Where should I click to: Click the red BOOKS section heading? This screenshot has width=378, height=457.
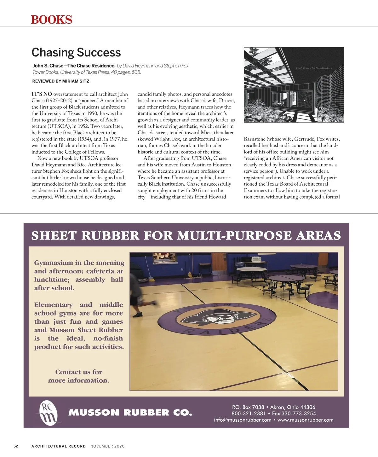[51, 20]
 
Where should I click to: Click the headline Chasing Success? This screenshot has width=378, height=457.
[76, 52]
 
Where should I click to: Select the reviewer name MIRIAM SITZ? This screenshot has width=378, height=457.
[76, 81]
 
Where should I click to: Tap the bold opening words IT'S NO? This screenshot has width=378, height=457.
[42, 94]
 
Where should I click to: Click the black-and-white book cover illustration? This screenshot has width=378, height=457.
[294, 84]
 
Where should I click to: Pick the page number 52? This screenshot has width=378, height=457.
[16, 446]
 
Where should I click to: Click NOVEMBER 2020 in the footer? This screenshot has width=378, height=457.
[107, 446]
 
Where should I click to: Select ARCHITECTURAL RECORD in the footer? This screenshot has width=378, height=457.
[59, 446]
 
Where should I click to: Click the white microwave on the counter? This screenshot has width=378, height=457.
[255, 259]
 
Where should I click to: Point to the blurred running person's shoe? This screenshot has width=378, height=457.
[137, 314]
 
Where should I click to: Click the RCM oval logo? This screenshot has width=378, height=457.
[48, 412]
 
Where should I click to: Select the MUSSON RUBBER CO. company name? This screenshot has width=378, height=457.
[130, 413]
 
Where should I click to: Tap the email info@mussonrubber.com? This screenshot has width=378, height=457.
[243, 420]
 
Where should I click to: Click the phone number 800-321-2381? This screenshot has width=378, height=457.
[249, 414]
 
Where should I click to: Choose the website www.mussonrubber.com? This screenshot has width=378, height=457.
[305, 420]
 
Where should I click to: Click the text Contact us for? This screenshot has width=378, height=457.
[79, 372]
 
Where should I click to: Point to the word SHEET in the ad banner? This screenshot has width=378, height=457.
[54, 235]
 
